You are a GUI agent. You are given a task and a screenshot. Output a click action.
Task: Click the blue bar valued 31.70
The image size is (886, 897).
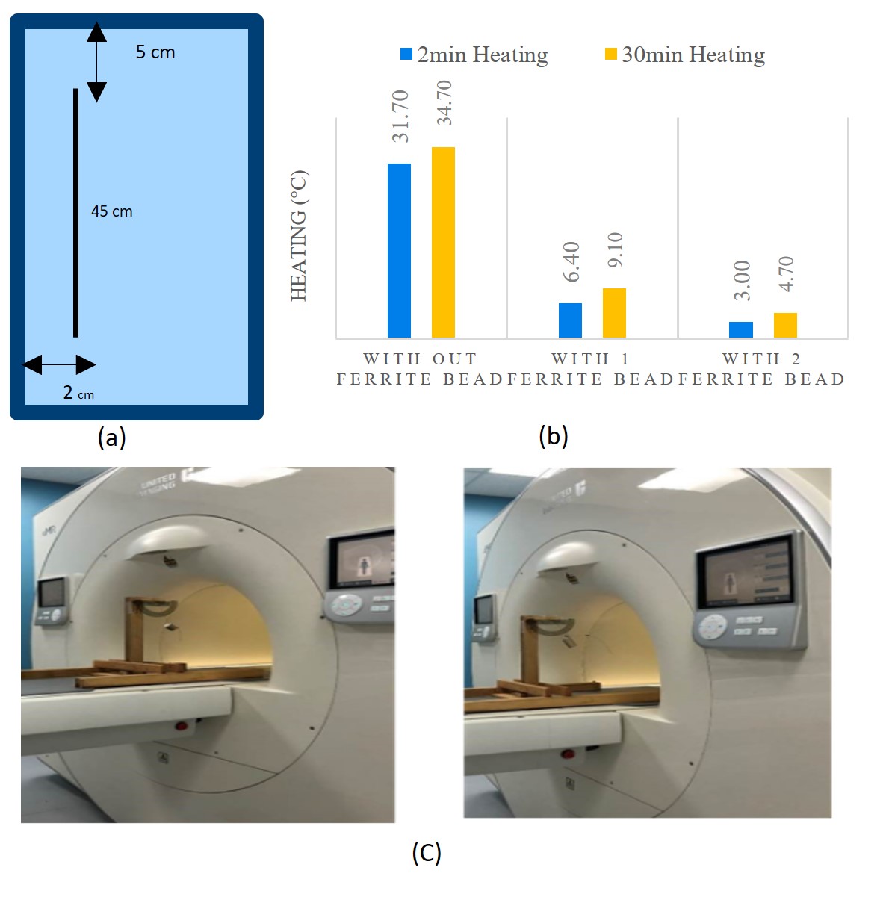pos(399,250)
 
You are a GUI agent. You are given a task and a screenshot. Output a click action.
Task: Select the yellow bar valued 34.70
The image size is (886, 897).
pos(443,242)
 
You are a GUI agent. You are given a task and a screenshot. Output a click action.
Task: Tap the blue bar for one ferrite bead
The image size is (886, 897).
pos(570,320)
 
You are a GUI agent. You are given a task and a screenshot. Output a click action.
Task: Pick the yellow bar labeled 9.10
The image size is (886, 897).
pos(614,313)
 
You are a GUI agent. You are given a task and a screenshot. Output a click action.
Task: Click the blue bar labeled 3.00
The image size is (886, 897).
pos(740,329)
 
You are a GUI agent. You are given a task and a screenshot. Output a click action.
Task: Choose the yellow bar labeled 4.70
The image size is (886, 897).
pos(785,325)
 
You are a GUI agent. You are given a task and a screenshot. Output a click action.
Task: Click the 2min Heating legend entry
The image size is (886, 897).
pos(474,55)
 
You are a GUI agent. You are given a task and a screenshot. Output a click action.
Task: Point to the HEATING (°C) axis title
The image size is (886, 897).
pos(299,236)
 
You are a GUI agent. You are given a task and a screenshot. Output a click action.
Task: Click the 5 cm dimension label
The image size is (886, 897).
pos(155,52)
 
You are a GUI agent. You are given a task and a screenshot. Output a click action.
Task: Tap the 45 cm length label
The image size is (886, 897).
pos(112,211)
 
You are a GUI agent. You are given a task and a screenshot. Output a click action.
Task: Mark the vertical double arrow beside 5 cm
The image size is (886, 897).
pos(96,62)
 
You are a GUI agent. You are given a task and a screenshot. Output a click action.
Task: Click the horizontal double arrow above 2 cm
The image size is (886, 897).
pos(60,365)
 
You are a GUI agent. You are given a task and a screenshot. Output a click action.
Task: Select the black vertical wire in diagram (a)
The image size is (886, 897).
pos(75,213)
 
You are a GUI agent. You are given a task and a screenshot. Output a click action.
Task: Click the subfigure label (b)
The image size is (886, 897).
pos(554,435)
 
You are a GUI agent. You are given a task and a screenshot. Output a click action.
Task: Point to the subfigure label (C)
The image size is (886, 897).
pos(427,852)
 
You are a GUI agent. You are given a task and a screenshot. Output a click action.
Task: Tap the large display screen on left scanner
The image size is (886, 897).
pos(362,561)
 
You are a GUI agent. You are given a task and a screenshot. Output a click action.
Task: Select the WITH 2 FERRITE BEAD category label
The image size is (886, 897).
pos(761,369)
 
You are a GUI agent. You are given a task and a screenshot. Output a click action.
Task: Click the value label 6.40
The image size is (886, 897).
pos(571,262)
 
